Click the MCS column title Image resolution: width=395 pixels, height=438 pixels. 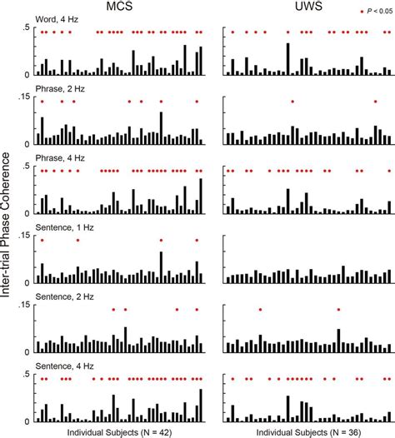click(x=119, y=6)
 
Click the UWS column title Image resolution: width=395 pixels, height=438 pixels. click(x=308, y=6)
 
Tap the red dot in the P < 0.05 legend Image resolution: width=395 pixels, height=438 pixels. click(x=362, y=12)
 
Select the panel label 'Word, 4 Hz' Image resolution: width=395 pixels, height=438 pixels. click(x=57, y=19)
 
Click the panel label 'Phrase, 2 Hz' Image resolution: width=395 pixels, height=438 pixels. click(x=60, y=89)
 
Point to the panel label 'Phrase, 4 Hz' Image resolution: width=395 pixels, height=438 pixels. click(x=60, y=158)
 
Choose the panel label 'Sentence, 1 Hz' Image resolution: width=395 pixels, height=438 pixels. click(x=64, y=227)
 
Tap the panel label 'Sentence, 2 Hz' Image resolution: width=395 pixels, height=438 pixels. click(x=64, y=296)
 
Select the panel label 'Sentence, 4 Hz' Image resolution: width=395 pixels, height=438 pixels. click(x=64, y=366)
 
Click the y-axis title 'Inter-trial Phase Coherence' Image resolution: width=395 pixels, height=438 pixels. click(x=6, y=225)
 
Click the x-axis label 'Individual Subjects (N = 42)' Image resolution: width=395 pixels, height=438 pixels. click(x=119, y=432)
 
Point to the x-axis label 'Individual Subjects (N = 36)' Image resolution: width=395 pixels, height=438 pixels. click(x=308, y=432)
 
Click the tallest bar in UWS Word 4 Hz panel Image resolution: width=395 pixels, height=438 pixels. click(x=288, y=59)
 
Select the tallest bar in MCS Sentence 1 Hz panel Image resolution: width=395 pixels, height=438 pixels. click(x=161, y=267)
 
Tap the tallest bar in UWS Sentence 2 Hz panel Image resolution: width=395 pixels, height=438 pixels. click(x=338, y=341)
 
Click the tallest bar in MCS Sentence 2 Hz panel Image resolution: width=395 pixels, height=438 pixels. click(x=126, y=340)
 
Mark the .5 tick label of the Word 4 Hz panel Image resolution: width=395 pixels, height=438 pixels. click(x=26, y=27)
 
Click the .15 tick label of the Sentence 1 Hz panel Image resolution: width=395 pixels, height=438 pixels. click(x=24, y=236)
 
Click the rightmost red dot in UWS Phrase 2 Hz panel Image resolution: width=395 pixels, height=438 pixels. click(x=376, y=102)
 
